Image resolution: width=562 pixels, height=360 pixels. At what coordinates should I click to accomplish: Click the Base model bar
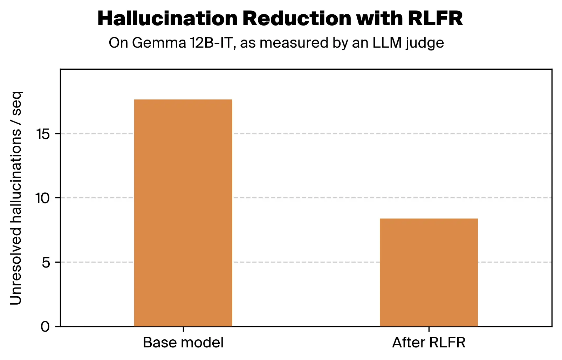click(183, 213)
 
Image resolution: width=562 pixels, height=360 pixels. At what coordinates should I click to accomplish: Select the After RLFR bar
click(429, 272)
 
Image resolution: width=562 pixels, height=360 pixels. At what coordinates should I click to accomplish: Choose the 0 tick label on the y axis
click(46, 327)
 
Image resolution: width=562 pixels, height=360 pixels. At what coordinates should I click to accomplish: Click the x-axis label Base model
click(183, 342)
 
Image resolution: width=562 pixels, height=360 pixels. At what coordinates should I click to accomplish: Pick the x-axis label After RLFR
click(429, 342)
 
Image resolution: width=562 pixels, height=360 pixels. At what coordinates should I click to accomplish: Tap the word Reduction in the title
click(296, 19)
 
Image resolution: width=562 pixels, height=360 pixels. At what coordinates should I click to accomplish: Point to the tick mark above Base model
click(183, 329)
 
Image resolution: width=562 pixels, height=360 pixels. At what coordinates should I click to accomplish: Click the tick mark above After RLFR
click(429, 329)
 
